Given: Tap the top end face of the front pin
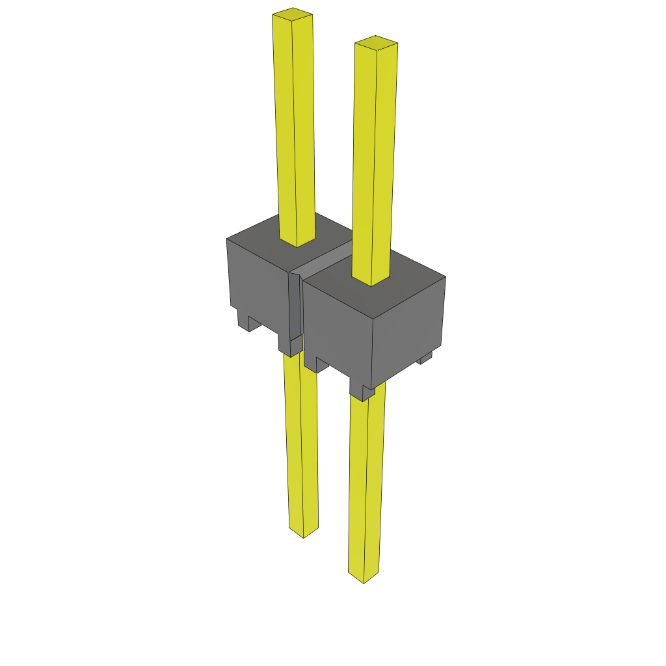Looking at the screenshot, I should click(376, 42).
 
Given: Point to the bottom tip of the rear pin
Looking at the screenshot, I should click(304, 533).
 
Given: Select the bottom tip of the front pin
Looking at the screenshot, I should click(363, 578).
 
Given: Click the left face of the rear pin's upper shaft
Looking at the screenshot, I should click(285, 130).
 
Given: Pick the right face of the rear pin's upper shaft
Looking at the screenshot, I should click(304, 130).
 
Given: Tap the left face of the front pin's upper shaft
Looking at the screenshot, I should click(364, 163).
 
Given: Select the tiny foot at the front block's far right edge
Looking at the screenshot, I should click(425, 358).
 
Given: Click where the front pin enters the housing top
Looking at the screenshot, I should click(371, 281).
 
